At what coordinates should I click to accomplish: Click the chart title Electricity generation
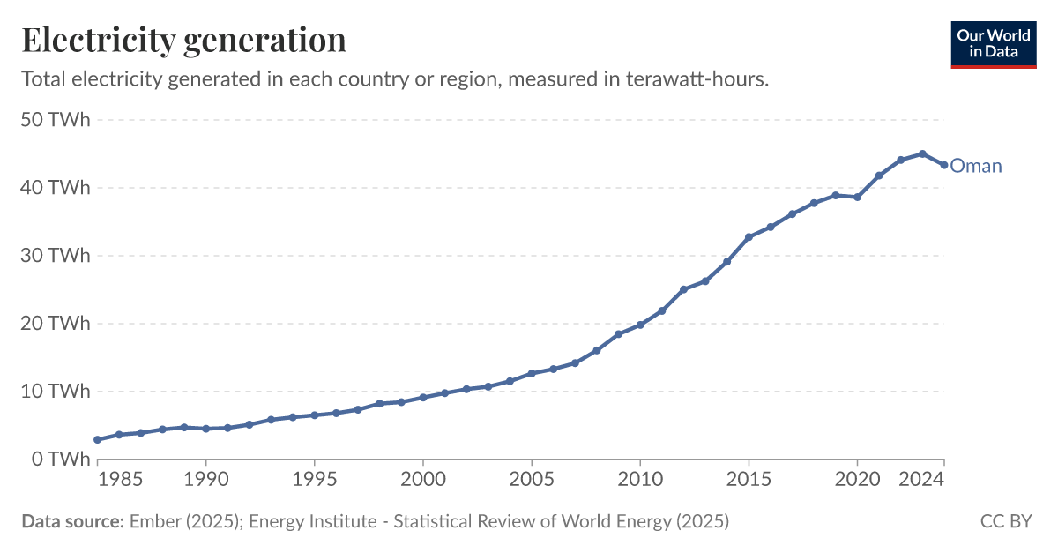[x=183, y=40]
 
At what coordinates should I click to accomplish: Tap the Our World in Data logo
[x=993, y=43]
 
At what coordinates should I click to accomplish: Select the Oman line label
[x=976, y=166]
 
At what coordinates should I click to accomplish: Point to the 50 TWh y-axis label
[x=56, y=120]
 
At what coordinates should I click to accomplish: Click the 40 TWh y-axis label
[x=56, y=188]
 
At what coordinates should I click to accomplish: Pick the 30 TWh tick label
[x=56, y=256]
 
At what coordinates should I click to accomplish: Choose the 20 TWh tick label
[x=56, y=324]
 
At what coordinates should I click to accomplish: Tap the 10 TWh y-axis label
[x=56, y=392]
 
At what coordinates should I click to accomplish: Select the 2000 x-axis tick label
[x=423, y=480]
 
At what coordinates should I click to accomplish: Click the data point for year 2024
[x=944, y=165]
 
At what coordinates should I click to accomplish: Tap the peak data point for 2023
[x=922, y=153]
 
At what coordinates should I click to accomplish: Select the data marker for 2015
[x=749, y=237]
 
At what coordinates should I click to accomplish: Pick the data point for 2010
[x=640, y=325]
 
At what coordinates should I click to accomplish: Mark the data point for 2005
[x=532, y=373]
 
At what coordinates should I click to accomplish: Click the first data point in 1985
[x=119, y=435]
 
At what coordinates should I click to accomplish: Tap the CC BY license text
[x=1006, y=521]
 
